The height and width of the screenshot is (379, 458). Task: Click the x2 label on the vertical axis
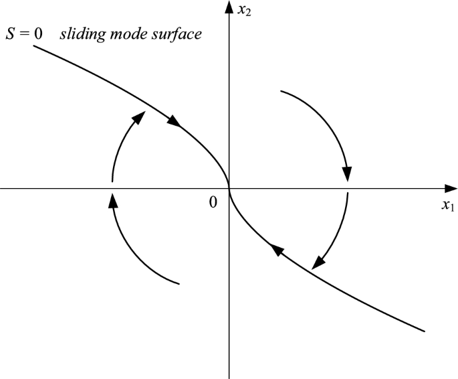point(243,11)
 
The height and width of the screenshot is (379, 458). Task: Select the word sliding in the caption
point(81,33)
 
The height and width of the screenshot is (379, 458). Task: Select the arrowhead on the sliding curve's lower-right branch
point(275,250)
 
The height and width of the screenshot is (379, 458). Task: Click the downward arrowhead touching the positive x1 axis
point(347,174)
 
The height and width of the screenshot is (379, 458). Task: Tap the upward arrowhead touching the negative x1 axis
point(112,200)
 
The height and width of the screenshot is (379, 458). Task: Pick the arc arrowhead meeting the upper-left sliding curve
point(139,116)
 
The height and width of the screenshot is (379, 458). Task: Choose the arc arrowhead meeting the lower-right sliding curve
point(319,262)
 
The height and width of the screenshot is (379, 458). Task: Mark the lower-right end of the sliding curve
point(425,330)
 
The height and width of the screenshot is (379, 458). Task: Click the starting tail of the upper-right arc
point(281,91)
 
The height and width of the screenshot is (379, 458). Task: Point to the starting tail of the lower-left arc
point(180,285)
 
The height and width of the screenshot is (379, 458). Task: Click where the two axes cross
point(229,189)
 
